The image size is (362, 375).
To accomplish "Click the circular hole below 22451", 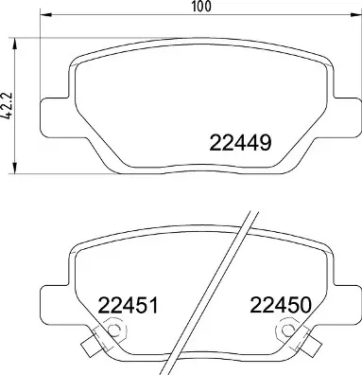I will pyautogui.click(x=115, y=331).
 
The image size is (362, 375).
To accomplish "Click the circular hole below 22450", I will pyautogui.click(x=285, y=331).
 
